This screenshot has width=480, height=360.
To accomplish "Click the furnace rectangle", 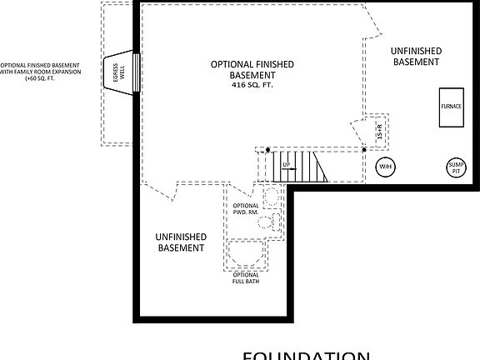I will click(x=452, y=107).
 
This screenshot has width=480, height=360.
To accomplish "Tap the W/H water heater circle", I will click(x=386, y=167).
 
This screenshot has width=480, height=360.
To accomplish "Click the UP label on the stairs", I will click(x=286, y=165).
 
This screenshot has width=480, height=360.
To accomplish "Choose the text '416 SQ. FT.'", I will click(x=252, y=85).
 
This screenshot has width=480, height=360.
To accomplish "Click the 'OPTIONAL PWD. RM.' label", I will click(x=246, y=210).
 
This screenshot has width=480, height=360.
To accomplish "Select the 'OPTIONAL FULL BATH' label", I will click(x=246, y=278).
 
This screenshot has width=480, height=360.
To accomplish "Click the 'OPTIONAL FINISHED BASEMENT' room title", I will click(x=252, y=68).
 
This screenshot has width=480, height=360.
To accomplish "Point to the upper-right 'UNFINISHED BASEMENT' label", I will click(x=417, y=56).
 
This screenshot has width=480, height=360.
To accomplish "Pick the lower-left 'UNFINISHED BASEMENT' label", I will click(x=181, y=242).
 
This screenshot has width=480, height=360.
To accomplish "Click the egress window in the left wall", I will click(x=136, y=72).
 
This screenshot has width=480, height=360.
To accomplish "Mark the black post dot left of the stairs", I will click(x=267, y=150).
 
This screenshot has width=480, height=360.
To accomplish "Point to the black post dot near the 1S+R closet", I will click(x=364, y=150).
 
